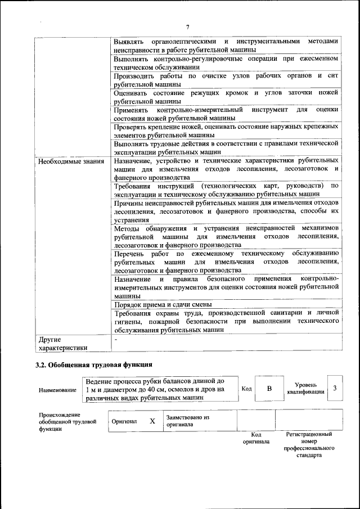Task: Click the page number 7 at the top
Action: [x=188, y=26]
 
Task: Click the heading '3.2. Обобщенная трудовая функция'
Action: [x=94, y=365]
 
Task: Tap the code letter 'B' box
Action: [x=269, y=389]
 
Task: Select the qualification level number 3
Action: [x=335, y=388]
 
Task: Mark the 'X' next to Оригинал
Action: [x=152, y=421]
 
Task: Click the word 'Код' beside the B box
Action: [x=246, y=389]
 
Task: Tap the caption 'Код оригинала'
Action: [x=256, y=438]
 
